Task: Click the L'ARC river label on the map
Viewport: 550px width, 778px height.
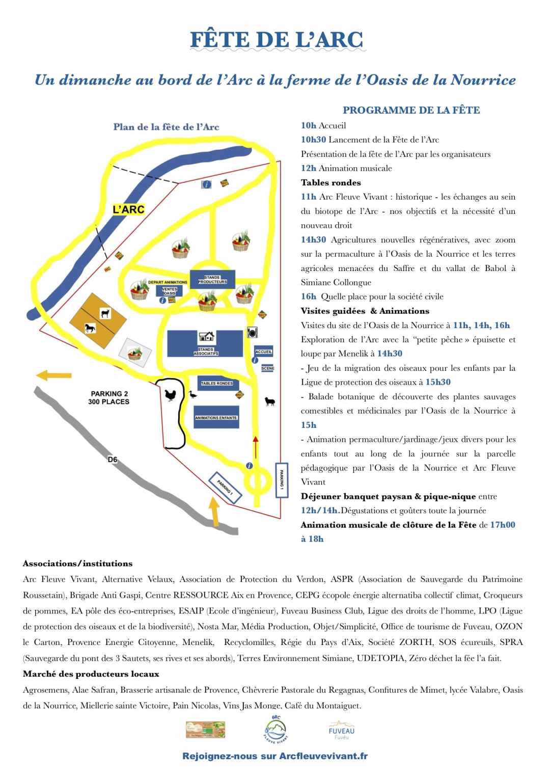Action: click(128, 209)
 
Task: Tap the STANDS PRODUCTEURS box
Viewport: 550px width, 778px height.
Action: click(212, 279)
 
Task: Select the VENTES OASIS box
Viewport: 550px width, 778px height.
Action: click(169, 291)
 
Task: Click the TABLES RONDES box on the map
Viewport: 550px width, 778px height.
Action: click(216, 383)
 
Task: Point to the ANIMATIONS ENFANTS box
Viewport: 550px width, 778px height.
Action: click(216, 417)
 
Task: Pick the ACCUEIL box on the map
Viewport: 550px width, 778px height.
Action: click(264, 352)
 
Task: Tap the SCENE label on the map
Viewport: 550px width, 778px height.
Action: click(267, 368)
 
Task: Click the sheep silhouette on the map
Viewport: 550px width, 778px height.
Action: click(270, 401)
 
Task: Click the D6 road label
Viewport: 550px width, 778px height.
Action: click(113, 460)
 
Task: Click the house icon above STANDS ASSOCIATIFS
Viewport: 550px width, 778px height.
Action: click(206, 336)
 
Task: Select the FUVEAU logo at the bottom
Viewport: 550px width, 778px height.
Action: click(342, 730)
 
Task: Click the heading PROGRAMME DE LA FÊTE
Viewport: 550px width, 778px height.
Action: click(411, 110)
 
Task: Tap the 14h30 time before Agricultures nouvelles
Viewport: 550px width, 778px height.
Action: click(314, 239)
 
